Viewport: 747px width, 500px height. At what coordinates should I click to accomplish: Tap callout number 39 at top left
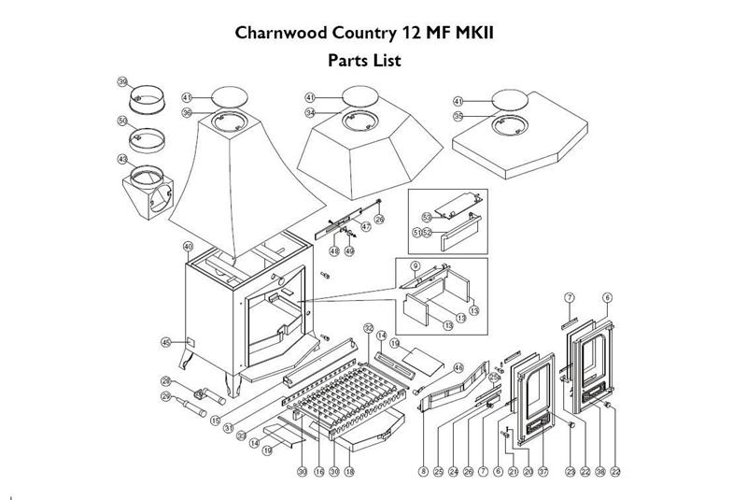click(x=122, y=82)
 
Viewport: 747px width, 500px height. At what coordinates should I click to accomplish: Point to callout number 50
click(x=122, y=121)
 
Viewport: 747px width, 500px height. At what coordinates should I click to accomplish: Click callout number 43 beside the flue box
click(x=122, y=160)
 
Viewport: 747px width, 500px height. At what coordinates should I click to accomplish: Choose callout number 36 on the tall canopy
click(x=187, y=113)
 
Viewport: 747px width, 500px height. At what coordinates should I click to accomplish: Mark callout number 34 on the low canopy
click(x=310, y=113)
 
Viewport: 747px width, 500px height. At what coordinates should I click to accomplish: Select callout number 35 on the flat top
click(x=458, y=117)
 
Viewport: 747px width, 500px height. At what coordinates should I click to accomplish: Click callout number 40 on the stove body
click(x=188, y=246)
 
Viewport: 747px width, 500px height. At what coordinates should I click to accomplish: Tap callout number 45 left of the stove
click(x=167, y=343)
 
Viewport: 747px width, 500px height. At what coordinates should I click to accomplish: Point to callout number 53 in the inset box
click(x=425, y=215)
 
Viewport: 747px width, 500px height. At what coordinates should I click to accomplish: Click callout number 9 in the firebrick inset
click(x=402, y=266)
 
